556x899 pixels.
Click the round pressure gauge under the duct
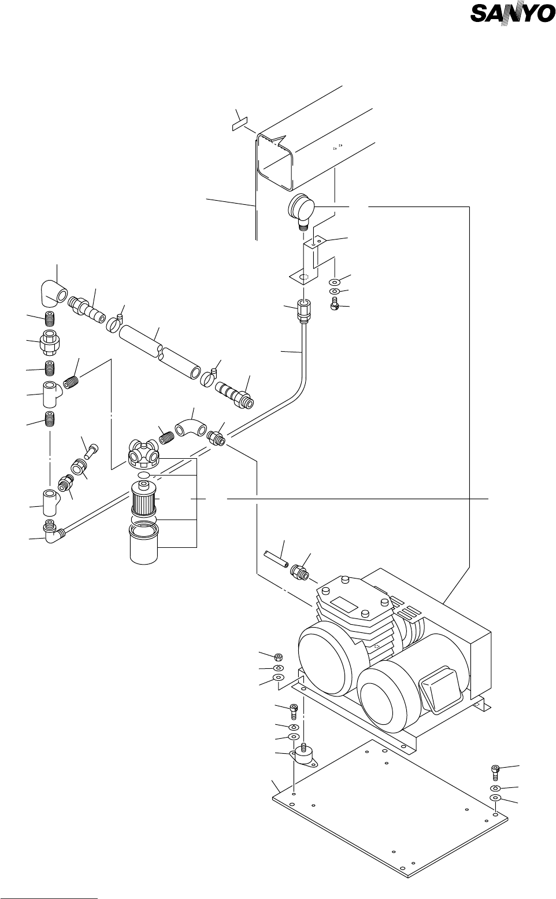[301, 209]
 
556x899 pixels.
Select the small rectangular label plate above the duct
[240, 124]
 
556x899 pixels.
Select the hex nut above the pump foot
[279, 656]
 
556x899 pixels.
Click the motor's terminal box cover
[439, 688]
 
